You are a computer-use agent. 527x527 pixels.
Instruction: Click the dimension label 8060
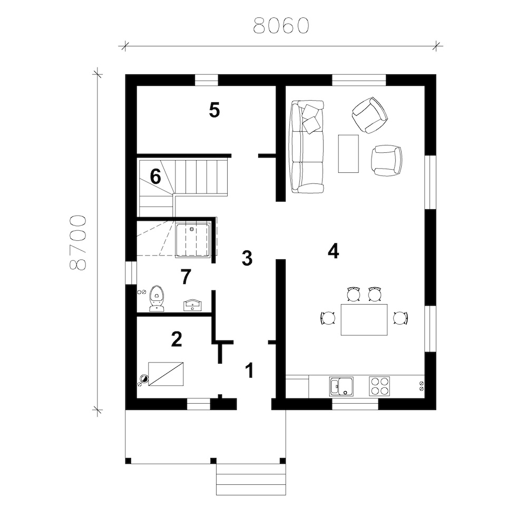(281, 25)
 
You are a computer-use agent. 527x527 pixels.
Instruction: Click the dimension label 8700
(78, 242)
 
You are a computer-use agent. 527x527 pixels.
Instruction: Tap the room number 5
(214, 110)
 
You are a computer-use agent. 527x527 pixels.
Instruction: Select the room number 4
(334, 251)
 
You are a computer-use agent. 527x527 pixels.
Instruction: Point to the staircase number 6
(155, 177)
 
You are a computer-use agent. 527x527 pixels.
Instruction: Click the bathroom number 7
(186, 277)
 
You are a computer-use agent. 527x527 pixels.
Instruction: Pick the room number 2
(177, 339)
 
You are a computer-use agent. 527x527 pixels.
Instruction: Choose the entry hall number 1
(249, 370)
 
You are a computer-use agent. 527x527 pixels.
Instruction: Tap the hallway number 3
(247, 258)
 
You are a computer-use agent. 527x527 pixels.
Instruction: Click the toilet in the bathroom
(157, 298)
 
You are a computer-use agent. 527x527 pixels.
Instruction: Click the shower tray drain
(192, 229)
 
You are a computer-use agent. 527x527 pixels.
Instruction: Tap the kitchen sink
(341, 386)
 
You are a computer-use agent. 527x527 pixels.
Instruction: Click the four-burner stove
(379, 386)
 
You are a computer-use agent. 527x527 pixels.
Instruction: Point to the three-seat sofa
(307, 147)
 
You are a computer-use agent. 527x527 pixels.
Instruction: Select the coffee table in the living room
(348, 153)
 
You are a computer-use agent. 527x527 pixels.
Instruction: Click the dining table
(364, 320)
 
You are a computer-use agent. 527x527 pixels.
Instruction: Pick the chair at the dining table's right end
(401, 318)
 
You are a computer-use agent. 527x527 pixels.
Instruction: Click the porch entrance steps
(251, 479)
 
